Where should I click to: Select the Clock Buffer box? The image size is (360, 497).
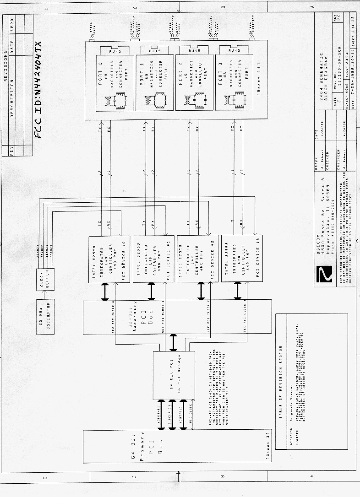[45, 279]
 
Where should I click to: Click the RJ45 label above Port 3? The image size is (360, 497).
[234, 51]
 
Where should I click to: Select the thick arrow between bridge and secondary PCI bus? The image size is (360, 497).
[174, 342]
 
